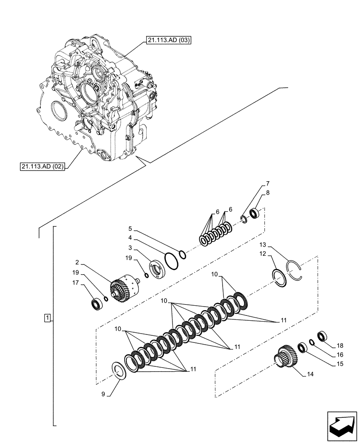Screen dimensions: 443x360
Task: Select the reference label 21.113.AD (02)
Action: [x=43, y=167]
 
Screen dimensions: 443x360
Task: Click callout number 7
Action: [x=267, y=183]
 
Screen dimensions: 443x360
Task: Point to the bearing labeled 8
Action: [x=255, y=214]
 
